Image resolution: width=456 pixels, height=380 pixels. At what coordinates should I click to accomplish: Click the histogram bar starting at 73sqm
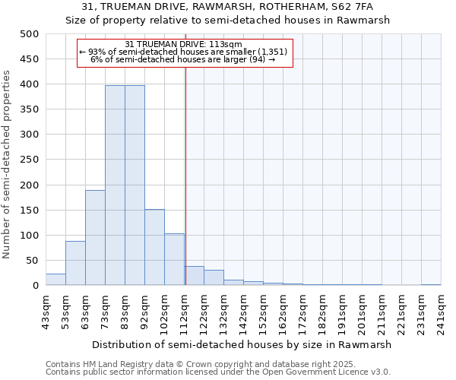(x=115, y=185)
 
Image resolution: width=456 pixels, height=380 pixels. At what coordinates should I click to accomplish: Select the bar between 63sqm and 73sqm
(x=95, y=238)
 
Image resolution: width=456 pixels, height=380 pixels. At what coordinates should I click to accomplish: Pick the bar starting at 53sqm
(x=75, y=263)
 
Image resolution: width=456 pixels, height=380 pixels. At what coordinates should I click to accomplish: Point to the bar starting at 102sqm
(x=174, y=259)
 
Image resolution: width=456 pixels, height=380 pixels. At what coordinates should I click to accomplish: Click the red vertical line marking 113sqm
(x=185, y=175)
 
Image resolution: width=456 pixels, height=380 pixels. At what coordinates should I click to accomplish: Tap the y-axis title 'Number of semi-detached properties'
(x=7, y=163)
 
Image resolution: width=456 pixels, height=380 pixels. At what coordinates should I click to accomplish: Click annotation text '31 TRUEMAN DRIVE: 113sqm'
(x=183, y=44)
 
